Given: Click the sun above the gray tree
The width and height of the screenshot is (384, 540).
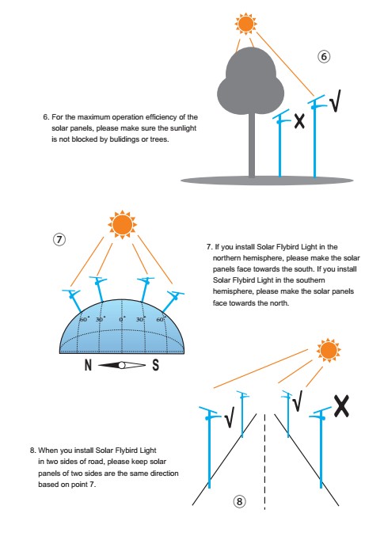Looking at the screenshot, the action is tap(245, 24).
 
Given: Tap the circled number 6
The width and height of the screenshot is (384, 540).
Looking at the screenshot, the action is tap(323, 56).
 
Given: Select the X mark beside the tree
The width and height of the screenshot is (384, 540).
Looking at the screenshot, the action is tap(299, 122).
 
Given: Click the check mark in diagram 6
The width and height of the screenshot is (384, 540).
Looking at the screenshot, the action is tap(335, 101).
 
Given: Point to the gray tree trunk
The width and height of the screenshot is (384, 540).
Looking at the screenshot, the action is tap(252, 145).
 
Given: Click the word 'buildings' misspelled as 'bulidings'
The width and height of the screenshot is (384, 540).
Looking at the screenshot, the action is tap(124, 139).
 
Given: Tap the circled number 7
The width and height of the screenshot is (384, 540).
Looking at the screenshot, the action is tap(59, 239).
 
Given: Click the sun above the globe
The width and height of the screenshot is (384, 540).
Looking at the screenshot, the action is tap(122, 225).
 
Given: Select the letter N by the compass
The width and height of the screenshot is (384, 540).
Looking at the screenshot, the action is tap(88, 365).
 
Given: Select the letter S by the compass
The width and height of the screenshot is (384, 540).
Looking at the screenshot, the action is tap(156, 365).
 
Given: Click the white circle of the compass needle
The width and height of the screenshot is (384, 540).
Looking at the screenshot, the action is tap(122, 365).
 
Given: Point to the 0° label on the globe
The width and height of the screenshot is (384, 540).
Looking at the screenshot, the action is tap(122, 319).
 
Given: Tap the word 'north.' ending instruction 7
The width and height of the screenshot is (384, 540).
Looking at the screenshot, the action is tap(279, 303).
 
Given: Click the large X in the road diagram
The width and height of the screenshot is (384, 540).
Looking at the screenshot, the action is tap(341, 406).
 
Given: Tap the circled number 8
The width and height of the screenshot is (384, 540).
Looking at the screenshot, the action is tap(240, 501).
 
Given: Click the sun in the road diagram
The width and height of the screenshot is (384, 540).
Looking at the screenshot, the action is tap(329, 350).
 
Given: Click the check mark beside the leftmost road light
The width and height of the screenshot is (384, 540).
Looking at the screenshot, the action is tap(230, 417).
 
